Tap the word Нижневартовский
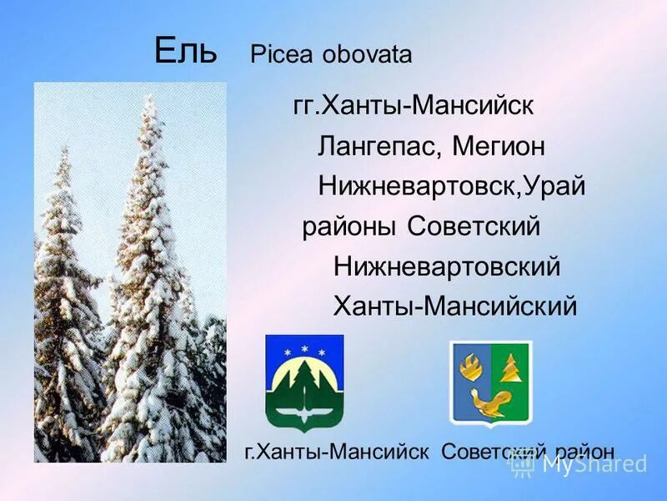coord(447,267)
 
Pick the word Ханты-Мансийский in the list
coord(455,306)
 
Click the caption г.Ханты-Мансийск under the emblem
coord(336,452)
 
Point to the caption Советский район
coord(528,452)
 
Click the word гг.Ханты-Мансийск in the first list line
coord(414,108)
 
